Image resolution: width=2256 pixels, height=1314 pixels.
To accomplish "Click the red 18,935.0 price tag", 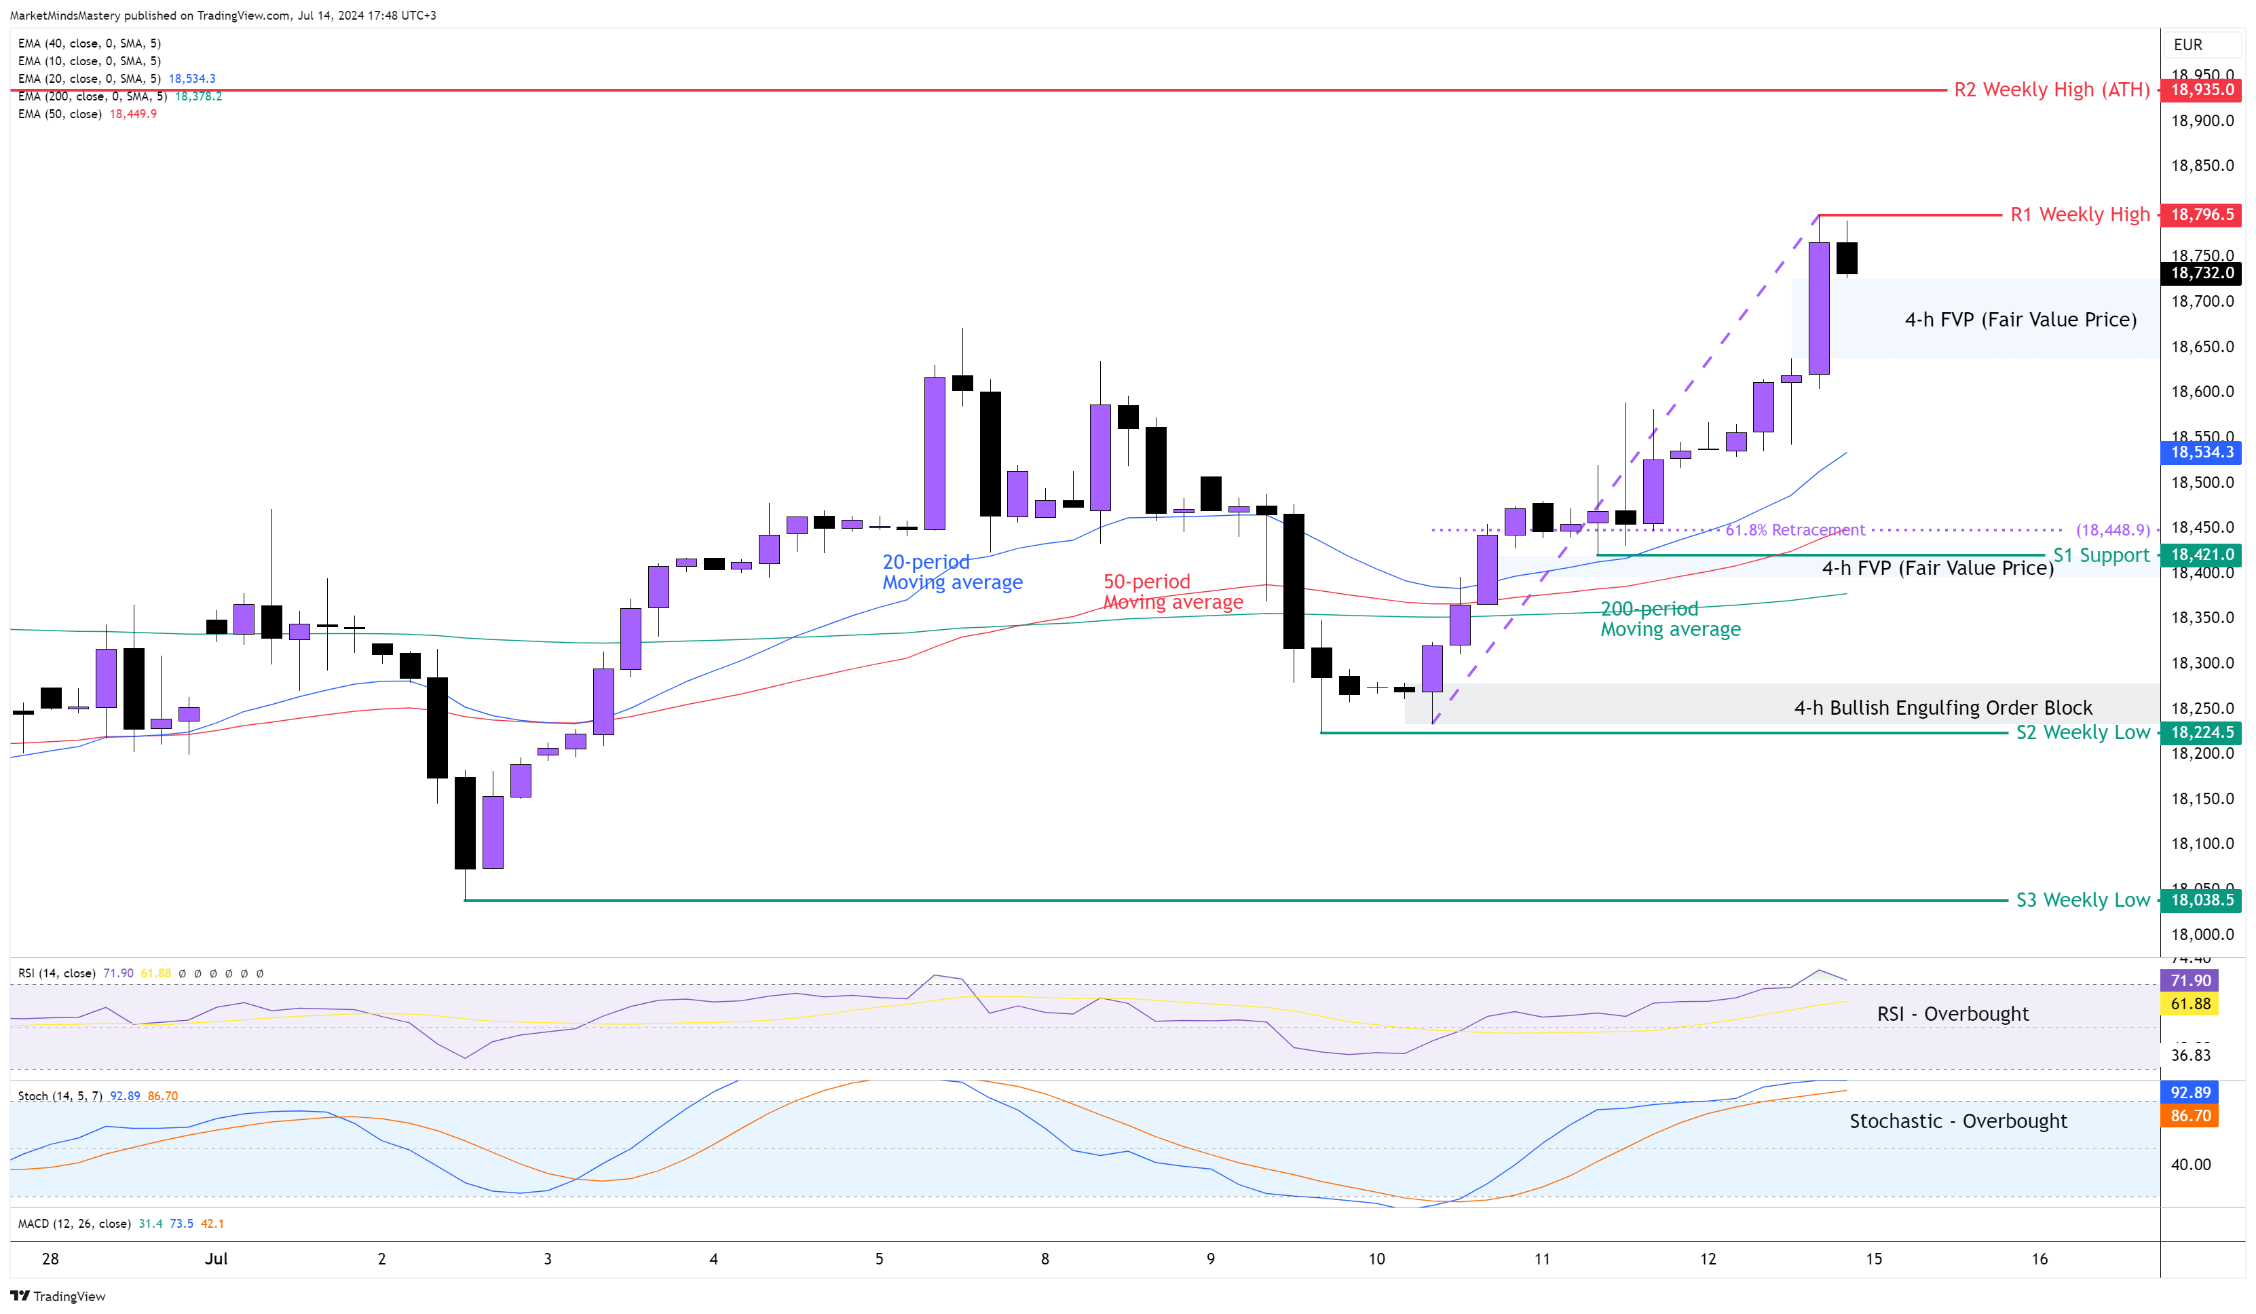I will point(2202,90).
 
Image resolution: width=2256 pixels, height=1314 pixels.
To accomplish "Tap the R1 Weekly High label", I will point(2079,215).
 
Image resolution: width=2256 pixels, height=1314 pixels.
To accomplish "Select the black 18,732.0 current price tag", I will point(2202,273).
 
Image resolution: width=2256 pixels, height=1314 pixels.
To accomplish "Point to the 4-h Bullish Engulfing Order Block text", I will point(1942,708).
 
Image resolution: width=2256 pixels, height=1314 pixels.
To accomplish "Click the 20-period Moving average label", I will point(952,572).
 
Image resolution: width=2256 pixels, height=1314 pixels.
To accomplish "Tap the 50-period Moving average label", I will point(1172,592).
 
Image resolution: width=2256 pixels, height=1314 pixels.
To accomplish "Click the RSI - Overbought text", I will point(1952,1014).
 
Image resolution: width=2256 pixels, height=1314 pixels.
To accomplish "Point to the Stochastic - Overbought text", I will point(1958,1121).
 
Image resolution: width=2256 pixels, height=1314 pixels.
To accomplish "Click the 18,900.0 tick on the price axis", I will point(2202,121).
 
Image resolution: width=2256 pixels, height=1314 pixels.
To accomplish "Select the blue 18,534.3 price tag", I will point(2202,452).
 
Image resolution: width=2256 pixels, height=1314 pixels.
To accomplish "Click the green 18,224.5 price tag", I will point(2202,732).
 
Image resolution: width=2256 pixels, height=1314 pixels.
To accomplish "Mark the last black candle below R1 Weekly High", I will point(1846,258).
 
